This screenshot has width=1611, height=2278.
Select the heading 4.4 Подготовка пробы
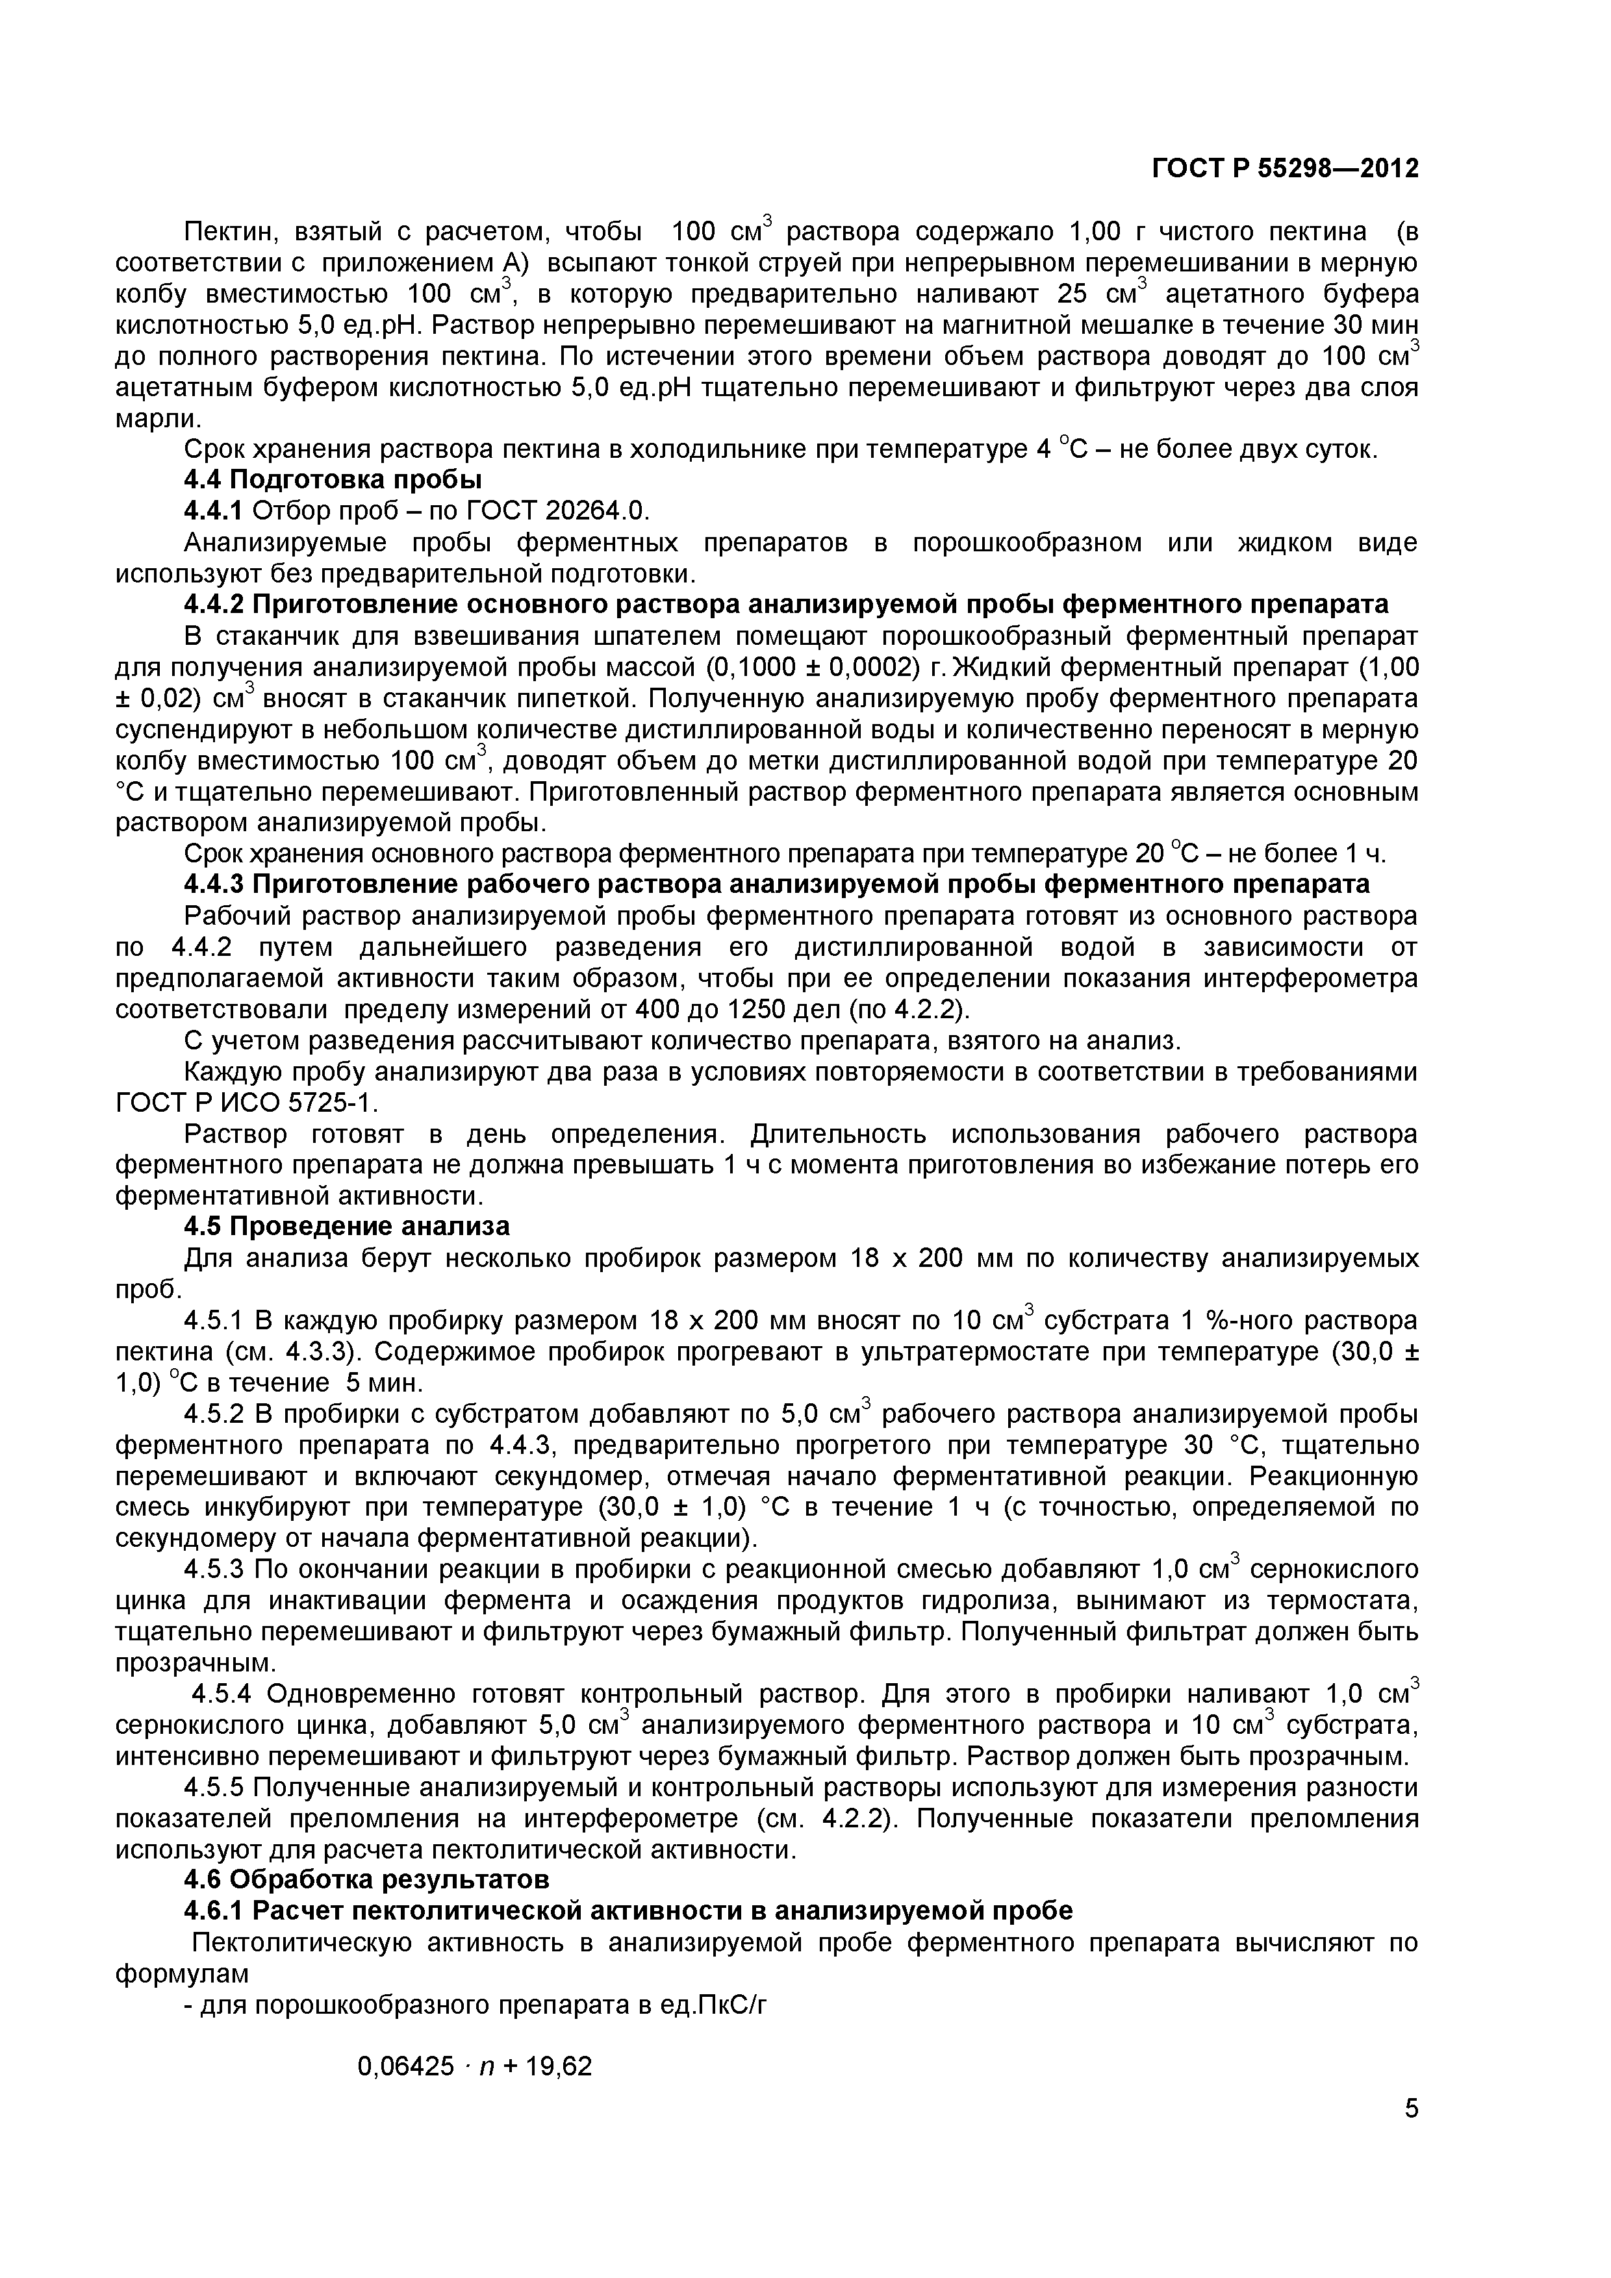(333, 480)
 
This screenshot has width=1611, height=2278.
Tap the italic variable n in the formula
(485, 2068)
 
